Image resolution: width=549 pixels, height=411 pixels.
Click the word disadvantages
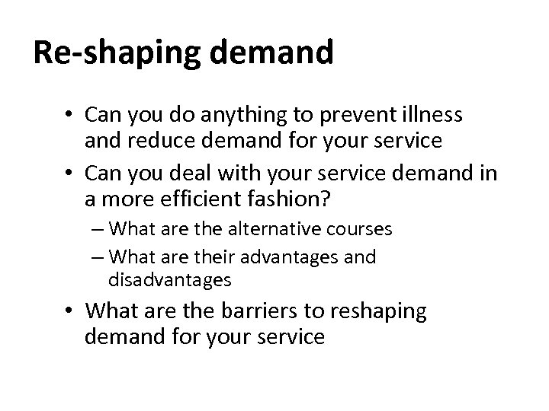pyautogui.click(x=169, y=279)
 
